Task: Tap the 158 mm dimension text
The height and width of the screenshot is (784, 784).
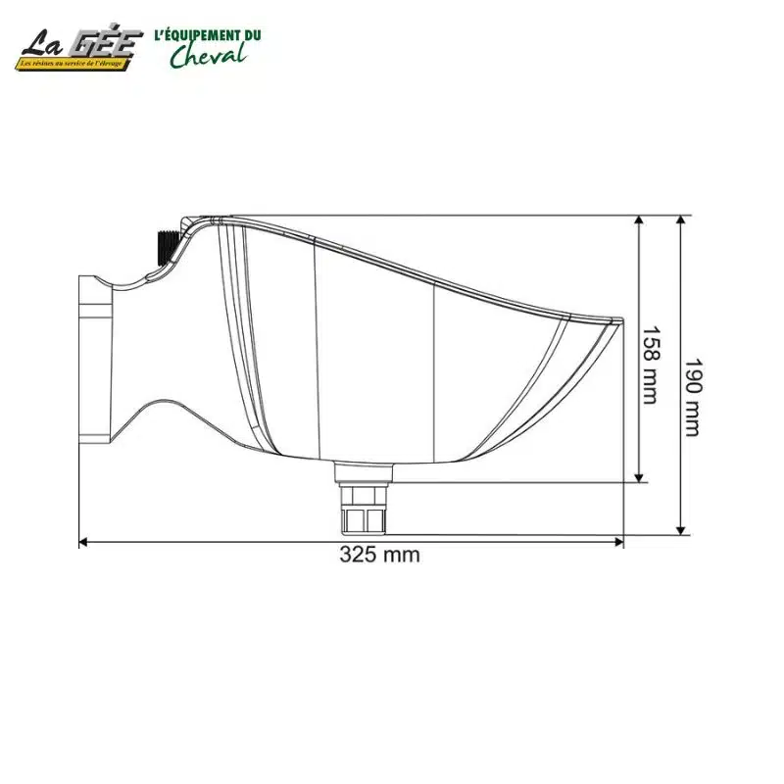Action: [649, 364]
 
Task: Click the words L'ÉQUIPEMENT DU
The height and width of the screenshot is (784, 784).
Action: [208, 35]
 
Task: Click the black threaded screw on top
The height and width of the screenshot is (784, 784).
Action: [165, 245]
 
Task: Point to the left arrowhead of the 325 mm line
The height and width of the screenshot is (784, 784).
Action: [84, 540]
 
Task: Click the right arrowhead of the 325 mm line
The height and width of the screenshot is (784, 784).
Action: [618, 540]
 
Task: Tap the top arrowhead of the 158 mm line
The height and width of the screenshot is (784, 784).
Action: [639, 221]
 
